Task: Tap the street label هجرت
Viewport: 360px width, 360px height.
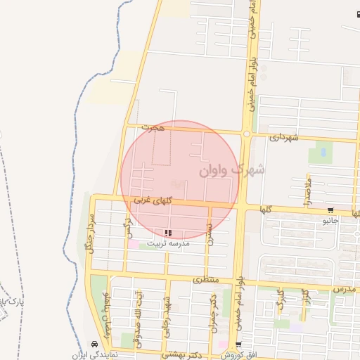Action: [x=152, y=127]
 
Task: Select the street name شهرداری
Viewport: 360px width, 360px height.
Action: [x=283, y=137]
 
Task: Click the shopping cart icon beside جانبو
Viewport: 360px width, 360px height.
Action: [x=330, y=210]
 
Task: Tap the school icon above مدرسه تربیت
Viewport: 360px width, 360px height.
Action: [x=167, y=233]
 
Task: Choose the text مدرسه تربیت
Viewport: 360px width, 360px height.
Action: [x=168, y=243]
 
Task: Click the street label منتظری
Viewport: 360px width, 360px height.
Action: [x=207, y=279]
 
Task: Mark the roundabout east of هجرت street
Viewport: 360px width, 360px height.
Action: [x=246, y=134]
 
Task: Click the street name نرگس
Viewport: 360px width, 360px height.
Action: [x=128, y=226]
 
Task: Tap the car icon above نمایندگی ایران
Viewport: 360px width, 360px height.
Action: [x=94, y=345]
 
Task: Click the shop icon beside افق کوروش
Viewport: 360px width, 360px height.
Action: [x=239, y=345]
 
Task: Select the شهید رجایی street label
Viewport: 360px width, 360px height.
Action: [x=169, y=309]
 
